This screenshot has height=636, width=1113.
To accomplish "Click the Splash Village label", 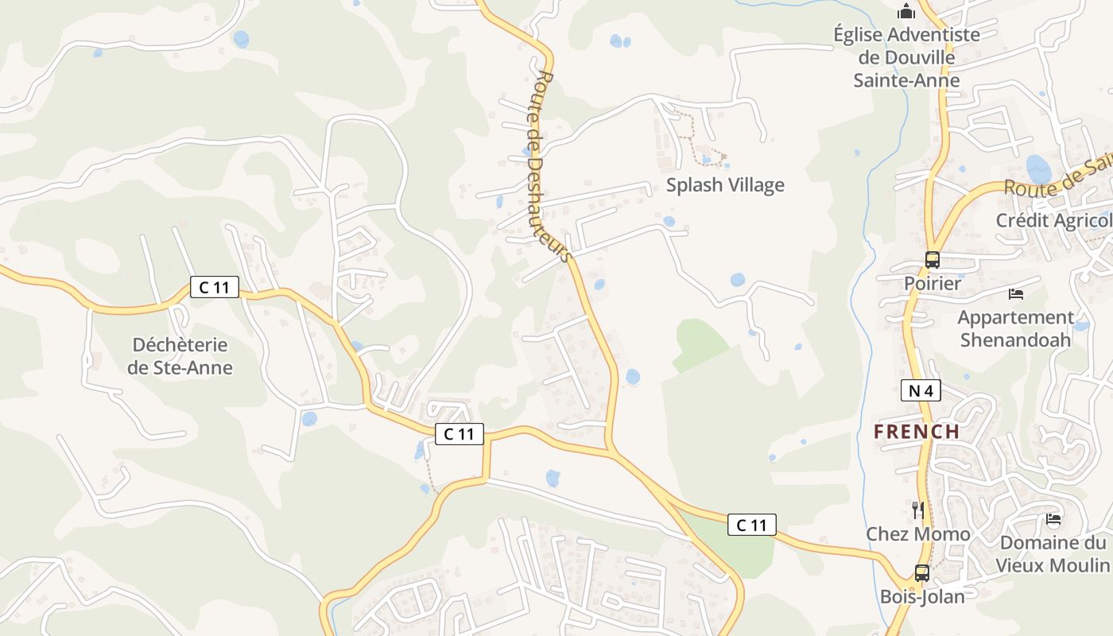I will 725,185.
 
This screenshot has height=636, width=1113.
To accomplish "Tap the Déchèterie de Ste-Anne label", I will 180,356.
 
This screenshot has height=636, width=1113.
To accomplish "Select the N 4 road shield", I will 921,390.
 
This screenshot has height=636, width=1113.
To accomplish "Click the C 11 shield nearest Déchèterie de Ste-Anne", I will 214,287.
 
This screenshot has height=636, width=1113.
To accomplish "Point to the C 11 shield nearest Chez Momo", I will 751,525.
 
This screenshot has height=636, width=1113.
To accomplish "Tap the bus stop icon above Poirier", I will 932,260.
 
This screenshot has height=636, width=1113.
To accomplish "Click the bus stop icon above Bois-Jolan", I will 922,572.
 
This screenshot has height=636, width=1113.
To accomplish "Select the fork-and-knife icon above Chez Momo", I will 918,510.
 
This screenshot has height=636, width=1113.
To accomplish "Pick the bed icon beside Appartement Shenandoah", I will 1016,294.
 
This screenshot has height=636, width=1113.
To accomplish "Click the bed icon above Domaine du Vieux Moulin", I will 1053,520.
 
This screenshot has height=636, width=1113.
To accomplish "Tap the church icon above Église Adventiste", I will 906,12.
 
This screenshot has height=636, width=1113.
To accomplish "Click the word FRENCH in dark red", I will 917,432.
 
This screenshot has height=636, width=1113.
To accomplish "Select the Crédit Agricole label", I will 1054,220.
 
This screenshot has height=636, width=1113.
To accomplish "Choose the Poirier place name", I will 933,283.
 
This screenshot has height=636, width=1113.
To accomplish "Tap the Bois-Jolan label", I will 922,596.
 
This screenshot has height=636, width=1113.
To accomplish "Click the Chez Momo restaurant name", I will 918,534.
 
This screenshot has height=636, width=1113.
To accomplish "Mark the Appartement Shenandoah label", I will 1015,328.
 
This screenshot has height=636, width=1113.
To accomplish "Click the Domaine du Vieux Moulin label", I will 1053,554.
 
